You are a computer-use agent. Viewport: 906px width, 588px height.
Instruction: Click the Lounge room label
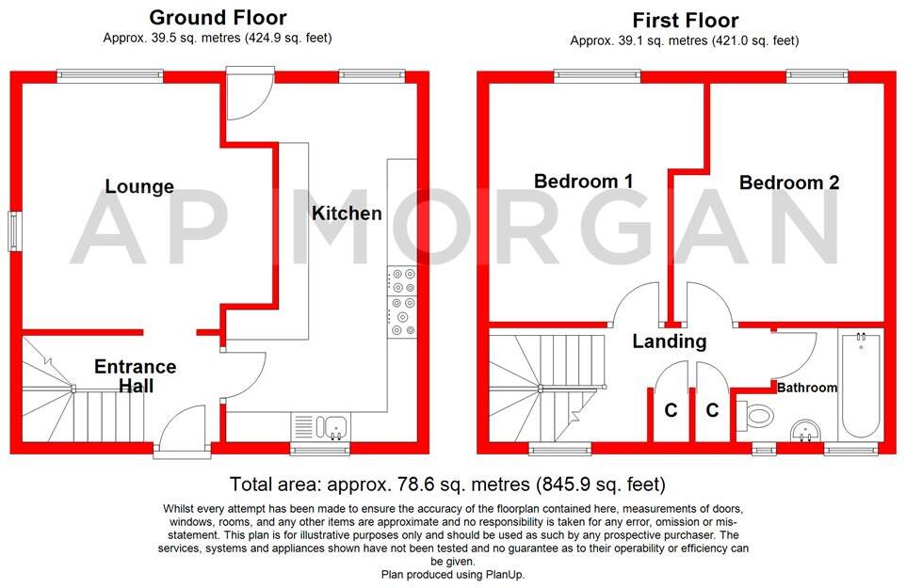pyautogui.click(x=139, y=186)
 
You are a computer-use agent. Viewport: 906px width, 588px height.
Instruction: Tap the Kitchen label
pyautogui.click(x=347, y=214)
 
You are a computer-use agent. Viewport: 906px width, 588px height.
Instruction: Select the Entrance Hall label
pyautogui.click(x=135, y=376)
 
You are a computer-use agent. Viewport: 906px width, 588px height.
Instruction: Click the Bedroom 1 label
pyautogui.click(x=582, y=182)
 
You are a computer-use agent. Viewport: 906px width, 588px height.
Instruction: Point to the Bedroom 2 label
pyautogui.click(x=788, y=183)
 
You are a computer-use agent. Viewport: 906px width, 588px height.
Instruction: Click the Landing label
pyautogui.click(x=669, y=342)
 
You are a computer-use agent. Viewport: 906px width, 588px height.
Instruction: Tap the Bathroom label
pyautogui.click(x=807, y=388)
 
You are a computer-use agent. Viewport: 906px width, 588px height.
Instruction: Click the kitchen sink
pyautogui.click(x=321, y=426)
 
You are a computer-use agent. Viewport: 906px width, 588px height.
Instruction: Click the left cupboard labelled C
pyautogui.click(x=671, y=410)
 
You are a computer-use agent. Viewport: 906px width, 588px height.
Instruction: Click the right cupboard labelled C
pyautogui.click(x=712, y=410)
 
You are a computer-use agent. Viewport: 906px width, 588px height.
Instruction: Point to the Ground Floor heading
pyautogui.click(x=218, y=17)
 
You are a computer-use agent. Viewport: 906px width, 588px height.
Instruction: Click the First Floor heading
pyautogui.click(x=685, y=20)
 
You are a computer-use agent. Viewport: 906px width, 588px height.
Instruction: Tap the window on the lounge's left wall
pyautogui.click(x=14, y=231)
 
